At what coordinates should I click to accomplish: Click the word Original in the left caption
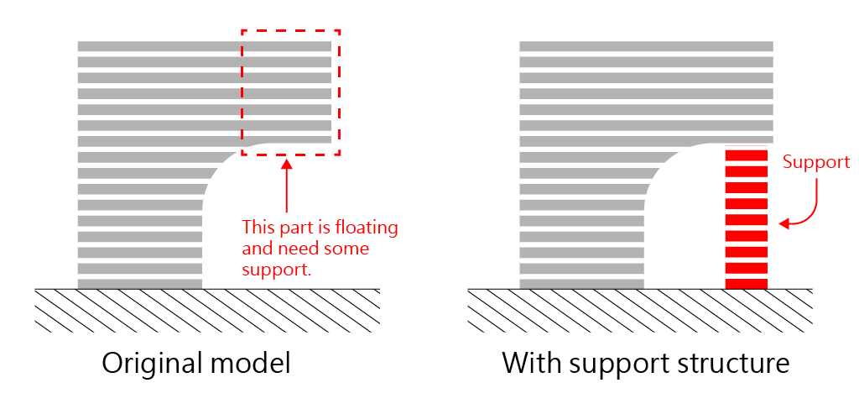tap(150, 364)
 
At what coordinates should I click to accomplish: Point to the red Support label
tap(815, 162)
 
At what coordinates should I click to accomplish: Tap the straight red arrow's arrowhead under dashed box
tap(287, 164)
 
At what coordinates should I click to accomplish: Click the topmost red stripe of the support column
tap(746, 155)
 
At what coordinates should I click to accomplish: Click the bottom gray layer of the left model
tap(139, 284)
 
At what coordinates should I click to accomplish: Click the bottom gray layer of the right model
tap(581, 284)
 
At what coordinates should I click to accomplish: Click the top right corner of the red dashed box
tap(339, 31)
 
